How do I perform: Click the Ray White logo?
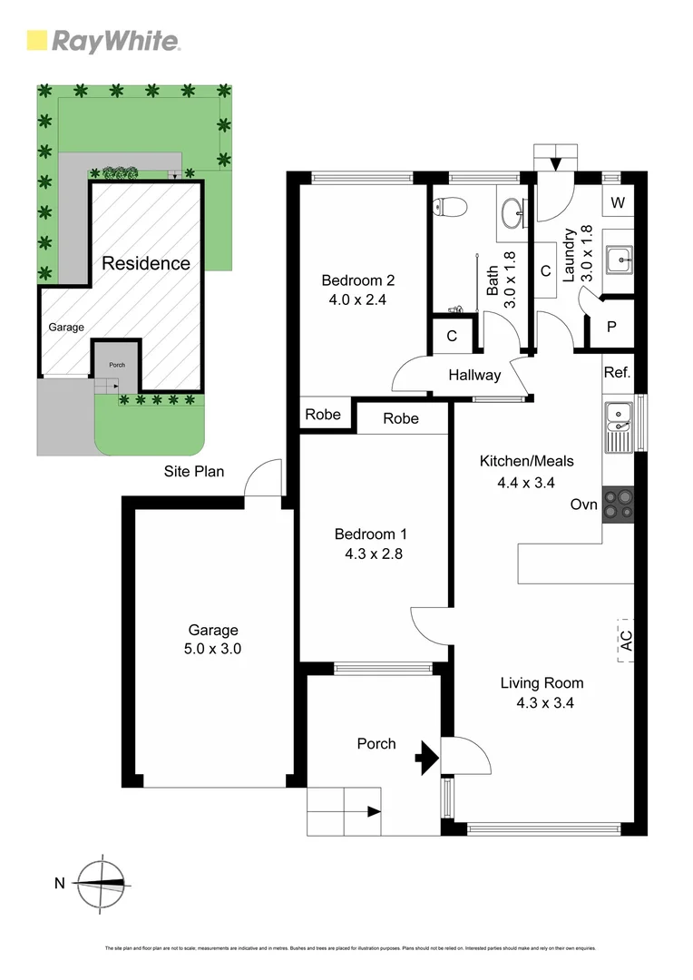[103, 41]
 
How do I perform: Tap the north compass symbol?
[102, 882]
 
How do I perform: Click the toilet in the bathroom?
[448, 207]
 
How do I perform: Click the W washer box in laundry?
[618, 202]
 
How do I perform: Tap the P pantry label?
[611, 327]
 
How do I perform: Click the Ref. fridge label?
[617, 373]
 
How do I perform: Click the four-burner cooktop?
[619, 505]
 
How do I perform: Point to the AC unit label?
[626, 640]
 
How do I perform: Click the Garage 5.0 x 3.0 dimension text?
[213, 649]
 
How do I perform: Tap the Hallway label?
[473, 375]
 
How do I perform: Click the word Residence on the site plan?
[145, 264]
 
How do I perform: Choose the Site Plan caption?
[193, 471]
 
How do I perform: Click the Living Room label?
[542, 683]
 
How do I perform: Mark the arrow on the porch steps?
[372, 812]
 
